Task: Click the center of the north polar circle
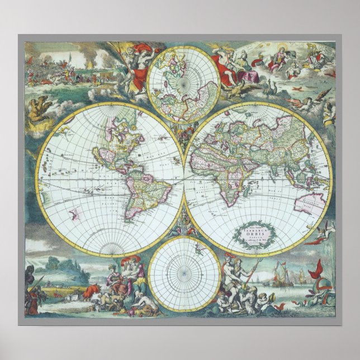tap(184, 84)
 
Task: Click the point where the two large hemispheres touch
tap(184, 179)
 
